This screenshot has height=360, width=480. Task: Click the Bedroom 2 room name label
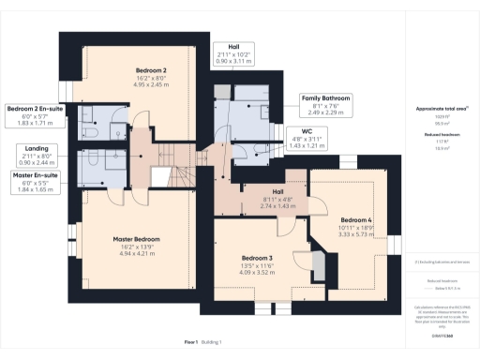click(152, 70)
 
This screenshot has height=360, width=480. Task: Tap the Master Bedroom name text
click(136, 239)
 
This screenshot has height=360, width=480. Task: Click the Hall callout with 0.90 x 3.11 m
click(230, 52)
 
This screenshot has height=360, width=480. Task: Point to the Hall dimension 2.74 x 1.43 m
click(256, 203)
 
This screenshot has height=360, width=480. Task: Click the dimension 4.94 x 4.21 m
click(136, 253)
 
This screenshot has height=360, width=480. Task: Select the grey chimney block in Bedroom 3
click(320, 267)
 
